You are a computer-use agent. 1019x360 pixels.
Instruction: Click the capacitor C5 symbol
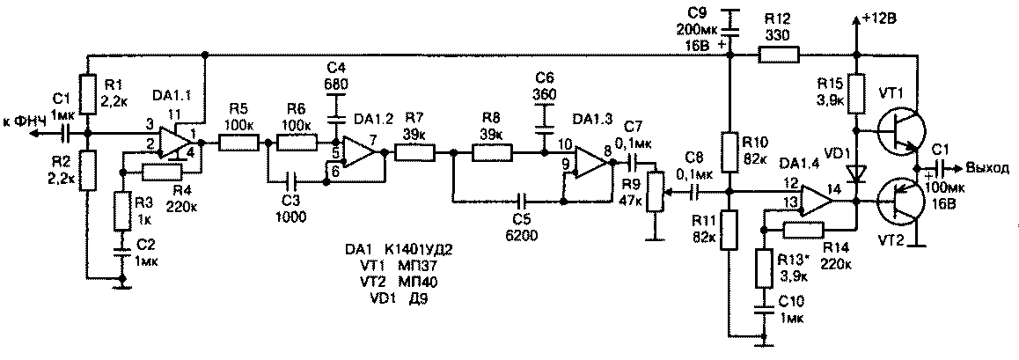coord(524,201)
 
